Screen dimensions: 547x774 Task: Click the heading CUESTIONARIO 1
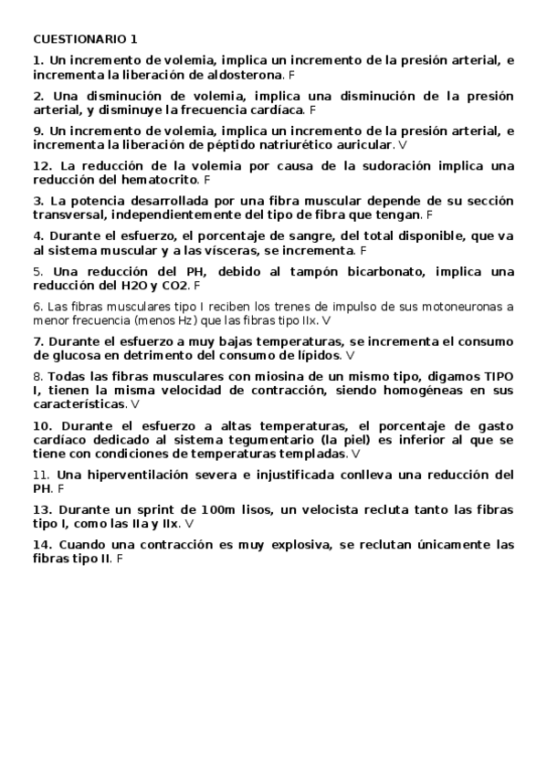[x=85, y=39]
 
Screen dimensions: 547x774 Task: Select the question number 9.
[x=37, y=131]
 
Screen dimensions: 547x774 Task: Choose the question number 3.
[x=37, y=201]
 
